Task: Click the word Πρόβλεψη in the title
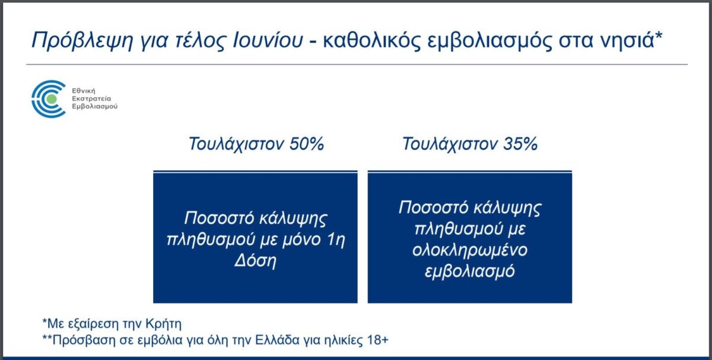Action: coord(82,41)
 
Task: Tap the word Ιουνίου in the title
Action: coord(268,40)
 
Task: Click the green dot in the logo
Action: coord(51,99)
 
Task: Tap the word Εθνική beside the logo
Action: coord(84,91)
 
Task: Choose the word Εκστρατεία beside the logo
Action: coord(91,98)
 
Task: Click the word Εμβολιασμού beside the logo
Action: coord(95,106)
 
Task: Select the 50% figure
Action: coord(307,144)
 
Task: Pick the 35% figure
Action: coord(520,144)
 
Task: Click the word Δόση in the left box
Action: coord(255,260)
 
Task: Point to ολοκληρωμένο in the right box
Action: coord(470,250)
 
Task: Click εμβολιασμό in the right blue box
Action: coord(470,271)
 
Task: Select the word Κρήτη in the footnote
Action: coord(163,324)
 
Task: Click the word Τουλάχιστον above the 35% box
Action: coord(450,144)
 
